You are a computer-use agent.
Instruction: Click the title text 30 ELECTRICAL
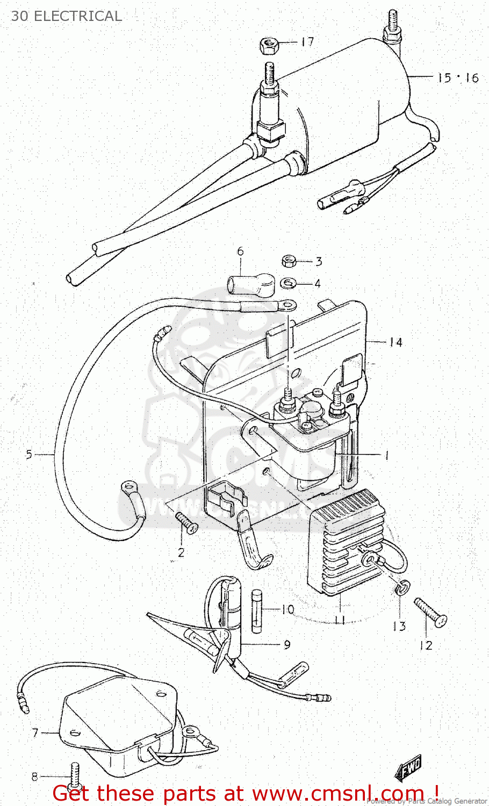click(66, 16)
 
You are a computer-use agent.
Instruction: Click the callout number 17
click(307, 42)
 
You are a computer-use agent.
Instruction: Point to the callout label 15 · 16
click(457, 78)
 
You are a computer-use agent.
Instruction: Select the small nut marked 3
click(289, 262)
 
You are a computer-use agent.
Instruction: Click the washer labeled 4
click(289, 283)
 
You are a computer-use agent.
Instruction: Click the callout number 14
click(395, 342)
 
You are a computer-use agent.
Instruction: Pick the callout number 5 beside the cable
click(29, 455)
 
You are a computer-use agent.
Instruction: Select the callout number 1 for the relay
click(386, 456)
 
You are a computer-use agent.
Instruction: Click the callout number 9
click(287, 644)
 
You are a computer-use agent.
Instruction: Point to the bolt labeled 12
click(430, 611)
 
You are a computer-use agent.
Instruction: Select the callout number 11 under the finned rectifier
click(339, 620)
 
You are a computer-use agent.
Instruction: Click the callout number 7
click(35, 733)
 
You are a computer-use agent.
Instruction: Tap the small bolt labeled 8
click(74, 776)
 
